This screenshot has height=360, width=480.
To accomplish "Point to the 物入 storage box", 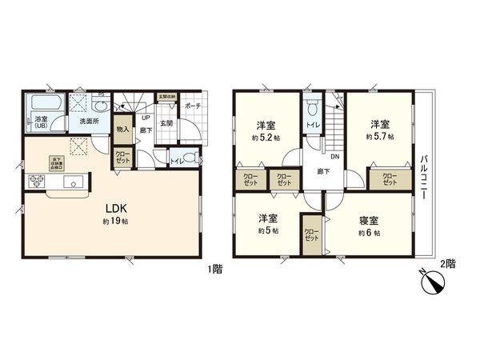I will point(123,128).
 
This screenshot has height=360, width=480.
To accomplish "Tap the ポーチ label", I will point(192,106).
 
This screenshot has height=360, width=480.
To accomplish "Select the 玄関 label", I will point(166,123).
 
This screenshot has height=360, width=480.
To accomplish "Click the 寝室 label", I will point(369,218).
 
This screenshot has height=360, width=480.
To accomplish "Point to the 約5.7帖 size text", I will point(379,137).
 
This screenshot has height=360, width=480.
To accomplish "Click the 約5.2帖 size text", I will point(266,138).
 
